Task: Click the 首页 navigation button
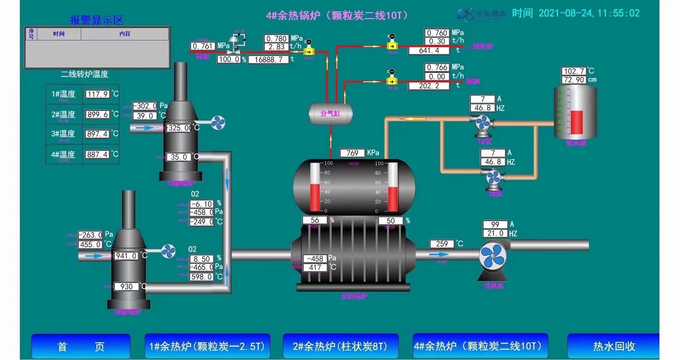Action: point(81,346)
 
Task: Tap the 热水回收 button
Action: point(614,346)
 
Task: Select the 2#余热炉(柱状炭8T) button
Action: point(340,346)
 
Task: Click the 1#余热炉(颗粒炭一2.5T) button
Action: point(207,346)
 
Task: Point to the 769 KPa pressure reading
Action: point(352,153)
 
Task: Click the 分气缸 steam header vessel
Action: point(330,114)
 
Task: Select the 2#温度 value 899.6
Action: point(97,114)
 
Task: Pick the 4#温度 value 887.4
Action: point(97,154)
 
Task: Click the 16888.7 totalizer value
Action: point(268,60)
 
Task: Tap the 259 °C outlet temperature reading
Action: point(442,244)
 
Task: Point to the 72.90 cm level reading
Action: point(574,80)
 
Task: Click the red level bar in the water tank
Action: point(576,123)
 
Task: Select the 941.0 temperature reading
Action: point(127,256)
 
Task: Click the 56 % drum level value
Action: point(314,220)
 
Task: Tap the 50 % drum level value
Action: point(390,221)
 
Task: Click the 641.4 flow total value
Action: point(429,50)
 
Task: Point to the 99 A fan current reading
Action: point(495,225)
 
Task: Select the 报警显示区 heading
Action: point(96,20)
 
